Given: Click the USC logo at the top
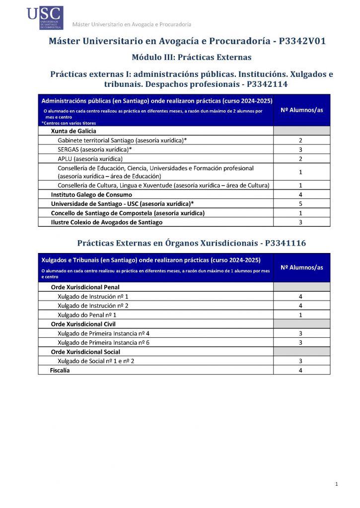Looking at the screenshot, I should [45, 17].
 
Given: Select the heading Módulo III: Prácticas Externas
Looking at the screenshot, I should [192, 57].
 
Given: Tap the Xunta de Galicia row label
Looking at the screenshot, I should [73, 131].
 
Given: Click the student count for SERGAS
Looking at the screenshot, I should [301, 149].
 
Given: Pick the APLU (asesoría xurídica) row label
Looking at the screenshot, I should [90, 159].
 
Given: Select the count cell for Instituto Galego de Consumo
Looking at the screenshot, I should [301, 194].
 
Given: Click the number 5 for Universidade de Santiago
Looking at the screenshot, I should [301, 204].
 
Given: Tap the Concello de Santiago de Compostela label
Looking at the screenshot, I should [128, 213].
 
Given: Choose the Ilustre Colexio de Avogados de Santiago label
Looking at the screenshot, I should [107, 222].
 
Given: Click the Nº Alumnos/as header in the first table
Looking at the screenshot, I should [301, 110].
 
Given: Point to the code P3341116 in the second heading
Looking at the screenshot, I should [286, 243].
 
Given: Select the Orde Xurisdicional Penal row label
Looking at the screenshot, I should [85, 287].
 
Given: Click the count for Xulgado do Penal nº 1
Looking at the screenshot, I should [301, 315].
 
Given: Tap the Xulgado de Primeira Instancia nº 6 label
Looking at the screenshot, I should [104, 343].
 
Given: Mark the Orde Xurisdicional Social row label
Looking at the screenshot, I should [85, 352].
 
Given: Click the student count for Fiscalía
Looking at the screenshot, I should [301, 370].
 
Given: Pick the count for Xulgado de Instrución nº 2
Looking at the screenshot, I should [301, 306].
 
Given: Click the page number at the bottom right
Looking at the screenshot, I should [337, 484].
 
